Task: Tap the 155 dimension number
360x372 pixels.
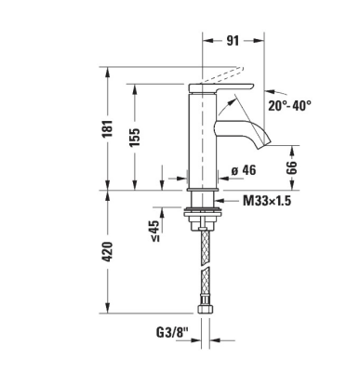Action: tap(136, 137)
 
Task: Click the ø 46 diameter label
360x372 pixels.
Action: tap(241, 170)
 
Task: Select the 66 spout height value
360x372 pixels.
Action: tap(290, 167)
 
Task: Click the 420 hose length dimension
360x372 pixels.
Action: tap(108, 251)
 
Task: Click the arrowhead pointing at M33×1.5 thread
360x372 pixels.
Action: tap(220, 199)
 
